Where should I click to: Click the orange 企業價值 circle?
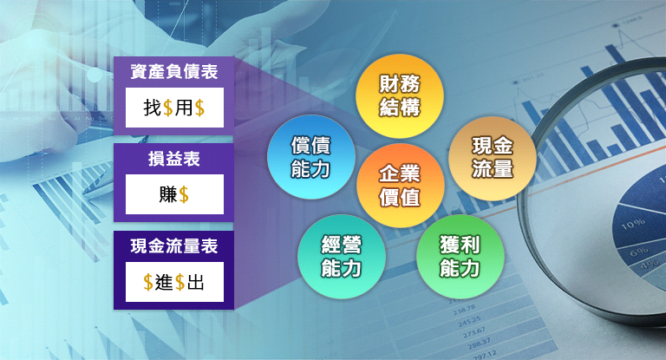point(400,186)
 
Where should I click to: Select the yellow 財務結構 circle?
point(399,95)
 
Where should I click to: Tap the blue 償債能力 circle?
point(311,157)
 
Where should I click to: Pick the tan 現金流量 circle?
point(493,158)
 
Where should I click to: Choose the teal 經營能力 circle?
point(342,256)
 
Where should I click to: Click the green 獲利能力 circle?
point(460,256)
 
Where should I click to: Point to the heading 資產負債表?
point(174,71)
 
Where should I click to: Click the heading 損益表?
point(174,159)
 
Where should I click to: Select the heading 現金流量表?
point(174,246)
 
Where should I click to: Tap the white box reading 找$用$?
point(174,108)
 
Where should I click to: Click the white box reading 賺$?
point(174,194)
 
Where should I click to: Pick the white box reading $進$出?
point(174,282)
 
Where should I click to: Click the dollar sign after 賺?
point(184,195)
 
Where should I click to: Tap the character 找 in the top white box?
point(153,107)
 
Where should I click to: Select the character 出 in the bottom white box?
point(196,282)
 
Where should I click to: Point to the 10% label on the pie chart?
point(633,224)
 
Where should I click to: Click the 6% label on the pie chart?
point(639,252)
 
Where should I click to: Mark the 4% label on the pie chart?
point(650,265)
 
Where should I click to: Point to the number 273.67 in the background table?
point(474,332)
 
